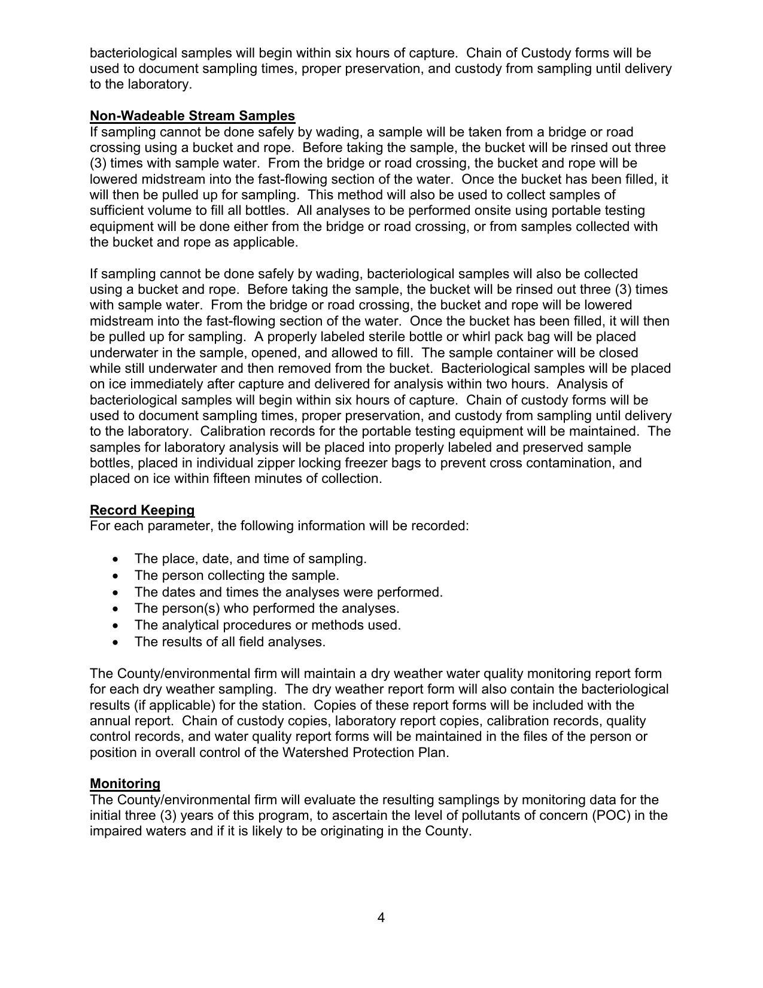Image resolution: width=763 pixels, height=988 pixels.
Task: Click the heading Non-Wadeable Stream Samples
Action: [192, 115]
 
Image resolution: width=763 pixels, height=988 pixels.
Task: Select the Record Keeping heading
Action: [142, 510]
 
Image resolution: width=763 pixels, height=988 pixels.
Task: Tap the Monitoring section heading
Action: [125, 783]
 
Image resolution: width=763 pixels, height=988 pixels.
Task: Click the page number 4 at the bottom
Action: [381, 917]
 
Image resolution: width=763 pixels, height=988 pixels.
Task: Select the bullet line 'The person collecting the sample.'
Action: [236, 575]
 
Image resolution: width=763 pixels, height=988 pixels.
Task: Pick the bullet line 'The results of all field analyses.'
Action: [230, 642]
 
